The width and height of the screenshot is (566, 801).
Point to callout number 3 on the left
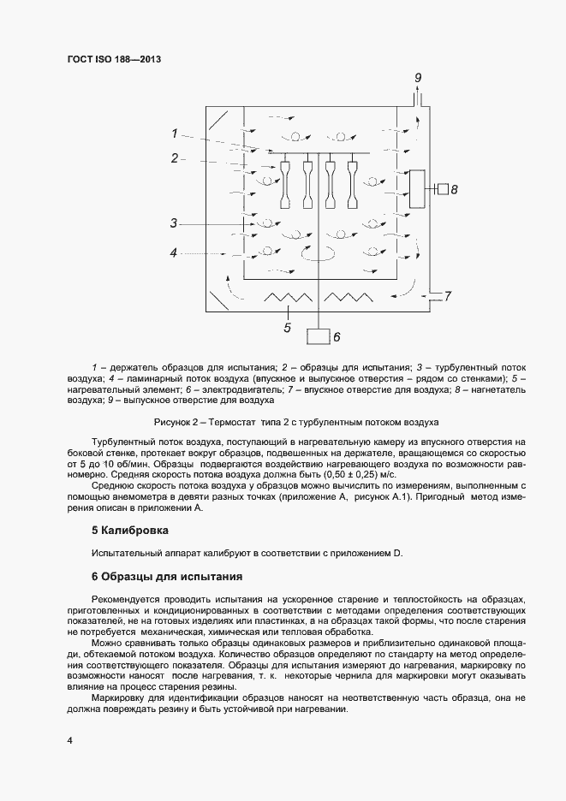(x=173, y=223)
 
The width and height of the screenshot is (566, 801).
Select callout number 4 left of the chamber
(x=173, y=252)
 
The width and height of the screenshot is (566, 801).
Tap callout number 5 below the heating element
(x=288, y=326)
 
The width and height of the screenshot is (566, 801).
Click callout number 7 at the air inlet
(x=446, y=296)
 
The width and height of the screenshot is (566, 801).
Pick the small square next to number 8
(x=442, y=188)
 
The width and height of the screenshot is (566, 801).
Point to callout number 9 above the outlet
(x=418, y=79)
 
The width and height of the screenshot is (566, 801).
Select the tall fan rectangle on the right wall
(x=418, y=189)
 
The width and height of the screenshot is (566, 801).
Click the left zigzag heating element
(x=287, y=297)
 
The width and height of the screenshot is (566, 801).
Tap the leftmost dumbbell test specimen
(x=287, y=181)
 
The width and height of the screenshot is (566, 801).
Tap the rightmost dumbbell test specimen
(x=350, y=181)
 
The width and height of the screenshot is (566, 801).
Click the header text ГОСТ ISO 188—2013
(x=114, y=59)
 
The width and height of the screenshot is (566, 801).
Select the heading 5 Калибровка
(x=131, y=531)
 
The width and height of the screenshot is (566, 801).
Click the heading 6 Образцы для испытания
(x=167, y=576)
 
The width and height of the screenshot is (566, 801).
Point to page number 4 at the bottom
(x=69, y=739)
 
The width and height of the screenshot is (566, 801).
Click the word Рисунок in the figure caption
(x=175, y=423)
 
